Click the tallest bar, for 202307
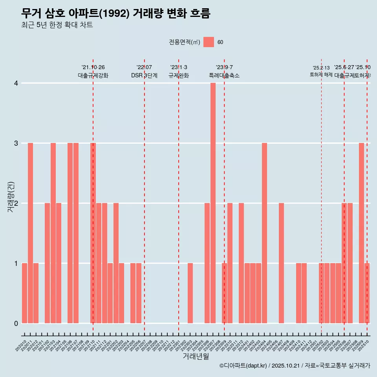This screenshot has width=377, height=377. click(213, 203)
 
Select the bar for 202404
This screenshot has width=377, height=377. click(264, 233)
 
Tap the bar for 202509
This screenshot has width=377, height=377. click(361, 233)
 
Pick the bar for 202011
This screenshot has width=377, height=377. click(30, 233)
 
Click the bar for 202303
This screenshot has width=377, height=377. click(190, 293)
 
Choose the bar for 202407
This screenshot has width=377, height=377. click(281, 263)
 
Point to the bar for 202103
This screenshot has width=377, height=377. click(53, 233)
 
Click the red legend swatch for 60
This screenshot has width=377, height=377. click(209, 42)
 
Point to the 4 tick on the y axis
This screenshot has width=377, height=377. click(16, 83)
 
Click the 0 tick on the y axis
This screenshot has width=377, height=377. click(16, 323)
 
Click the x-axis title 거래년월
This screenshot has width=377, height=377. click(196, 356)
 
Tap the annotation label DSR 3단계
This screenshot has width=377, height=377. click(144, 75)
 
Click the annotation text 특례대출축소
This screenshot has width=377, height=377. click(224, 75)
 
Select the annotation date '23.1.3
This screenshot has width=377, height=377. click(179, 68)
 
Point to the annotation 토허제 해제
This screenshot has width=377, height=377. click(321, 74)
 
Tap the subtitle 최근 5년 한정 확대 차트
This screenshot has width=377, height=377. click(57, 25)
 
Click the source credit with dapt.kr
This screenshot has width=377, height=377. click(295, 366)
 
